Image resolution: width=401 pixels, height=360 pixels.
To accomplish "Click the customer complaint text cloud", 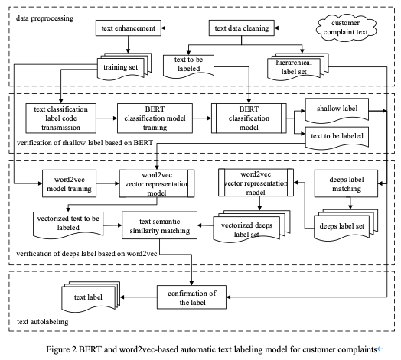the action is [346, 28].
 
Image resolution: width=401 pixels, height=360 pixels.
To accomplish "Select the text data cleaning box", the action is [242, 28].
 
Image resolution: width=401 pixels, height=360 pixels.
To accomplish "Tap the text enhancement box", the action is [129, 28].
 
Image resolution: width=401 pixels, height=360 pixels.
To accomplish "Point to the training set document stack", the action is [124, 66].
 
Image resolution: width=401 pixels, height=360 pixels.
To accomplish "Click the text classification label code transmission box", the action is [61, 118].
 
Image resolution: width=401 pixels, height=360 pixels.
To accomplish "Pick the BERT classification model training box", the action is [155, 118].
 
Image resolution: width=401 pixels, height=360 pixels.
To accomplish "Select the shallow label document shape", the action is [337, 110].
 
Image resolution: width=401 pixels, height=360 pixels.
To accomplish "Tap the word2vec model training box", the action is [69, 183].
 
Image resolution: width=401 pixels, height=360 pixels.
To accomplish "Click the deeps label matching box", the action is [346, 183].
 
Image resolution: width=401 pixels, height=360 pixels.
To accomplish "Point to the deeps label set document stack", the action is [346, 225].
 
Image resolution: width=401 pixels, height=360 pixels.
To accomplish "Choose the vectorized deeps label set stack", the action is [252, 226].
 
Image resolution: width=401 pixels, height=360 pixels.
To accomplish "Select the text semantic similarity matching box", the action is [160, 225].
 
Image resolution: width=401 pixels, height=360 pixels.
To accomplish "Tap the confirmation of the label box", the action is [191, 297].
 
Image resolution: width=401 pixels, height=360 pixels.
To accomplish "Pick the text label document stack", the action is [91, 297].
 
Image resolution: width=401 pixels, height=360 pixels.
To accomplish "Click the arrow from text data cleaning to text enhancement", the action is [185, 28].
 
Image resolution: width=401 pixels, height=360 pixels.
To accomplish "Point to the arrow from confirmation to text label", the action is [139, 297].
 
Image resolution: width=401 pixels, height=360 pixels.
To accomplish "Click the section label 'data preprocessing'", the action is [44, 18].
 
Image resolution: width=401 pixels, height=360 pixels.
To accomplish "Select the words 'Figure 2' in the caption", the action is [61, 349].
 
